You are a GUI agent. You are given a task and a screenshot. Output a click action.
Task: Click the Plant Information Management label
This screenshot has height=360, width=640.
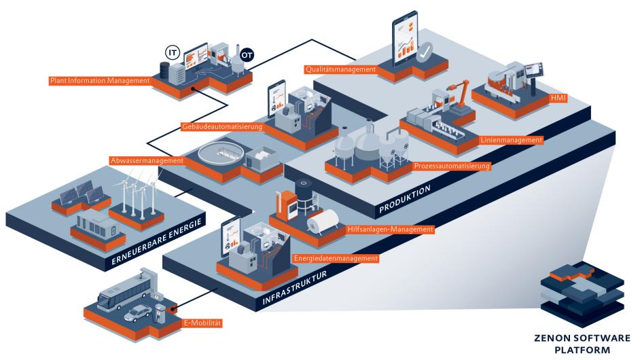(99, 81)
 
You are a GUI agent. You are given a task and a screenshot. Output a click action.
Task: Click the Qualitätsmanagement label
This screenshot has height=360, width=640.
(340, 69)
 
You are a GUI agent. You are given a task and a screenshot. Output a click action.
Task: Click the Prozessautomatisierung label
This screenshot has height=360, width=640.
(452, 165)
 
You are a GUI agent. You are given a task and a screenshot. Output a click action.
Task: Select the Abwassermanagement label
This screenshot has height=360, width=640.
(147, 160)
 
